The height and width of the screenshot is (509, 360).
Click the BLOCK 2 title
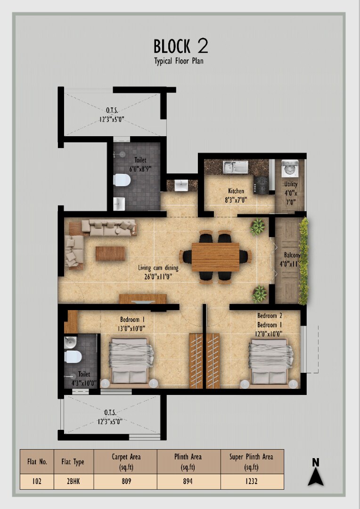point(180,46)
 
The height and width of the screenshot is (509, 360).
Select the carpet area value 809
point(126,481)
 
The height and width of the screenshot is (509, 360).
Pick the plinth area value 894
point(188,481)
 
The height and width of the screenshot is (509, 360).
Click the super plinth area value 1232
point(252,481)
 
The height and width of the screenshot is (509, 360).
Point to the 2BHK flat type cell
point(74,481)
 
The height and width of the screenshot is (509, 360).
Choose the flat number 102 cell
point(37,481)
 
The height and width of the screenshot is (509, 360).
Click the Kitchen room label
point(236,191)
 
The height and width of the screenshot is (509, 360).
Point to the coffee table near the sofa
point(110,253)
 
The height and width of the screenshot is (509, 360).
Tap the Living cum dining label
point(158,268)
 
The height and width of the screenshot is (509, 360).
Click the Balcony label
point(292,255)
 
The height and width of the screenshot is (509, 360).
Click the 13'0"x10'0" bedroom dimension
point(132,328)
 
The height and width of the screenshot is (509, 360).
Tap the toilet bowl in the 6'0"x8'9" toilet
point(123,180)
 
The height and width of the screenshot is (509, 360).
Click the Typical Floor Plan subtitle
point(179,61)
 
